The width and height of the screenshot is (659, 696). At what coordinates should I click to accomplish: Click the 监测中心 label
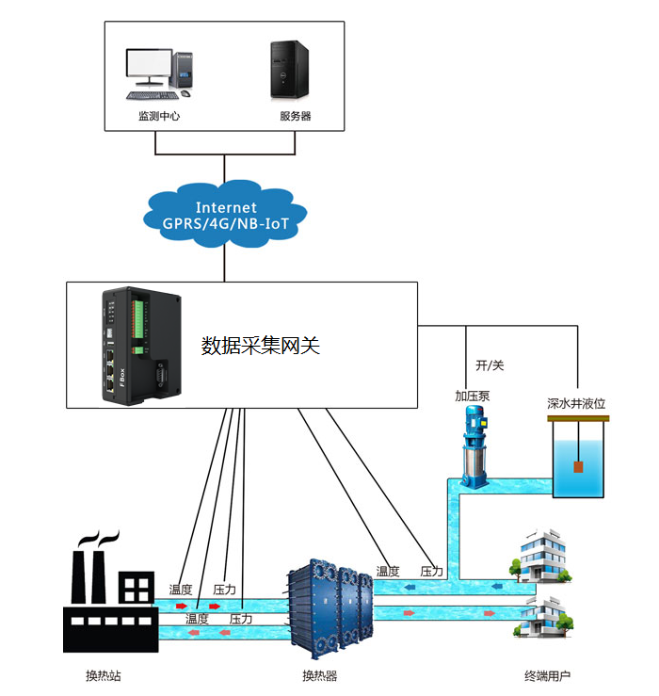[158, 117]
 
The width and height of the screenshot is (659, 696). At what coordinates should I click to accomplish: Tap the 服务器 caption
[295, 117]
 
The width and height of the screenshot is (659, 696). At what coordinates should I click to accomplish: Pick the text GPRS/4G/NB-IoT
[226, 223]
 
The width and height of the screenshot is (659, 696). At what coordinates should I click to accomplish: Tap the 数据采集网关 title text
[261, 346]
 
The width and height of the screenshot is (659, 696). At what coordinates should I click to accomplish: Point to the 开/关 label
[490, 364]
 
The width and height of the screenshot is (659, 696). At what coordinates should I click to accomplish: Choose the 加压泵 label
[473, 396]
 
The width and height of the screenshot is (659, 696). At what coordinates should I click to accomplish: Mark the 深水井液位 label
[576, 403]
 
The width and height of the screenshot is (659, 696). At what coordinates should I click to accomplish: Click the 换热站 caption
[104, 676]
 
